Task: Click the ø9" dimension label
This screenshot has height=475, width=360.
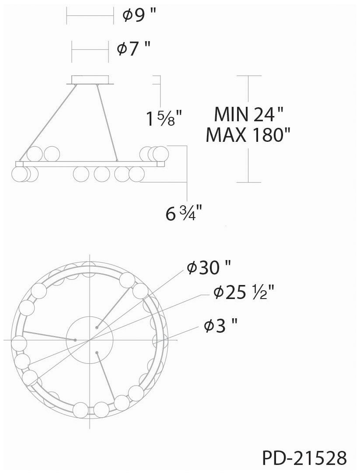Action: pyautogui.click(x=140, y=15)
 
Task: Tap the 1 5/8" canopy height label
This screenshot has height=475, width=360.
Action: pyautogui.click(x=164, y=118)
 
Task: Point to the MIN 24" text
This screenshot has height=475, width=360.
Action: pyautogui.click(x=248, y=114)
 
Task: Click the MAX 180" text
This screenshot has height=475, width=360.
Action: pyautogui.click(x=248, y=135)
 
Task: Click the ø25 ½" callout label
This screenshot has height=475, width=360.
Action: pyautogui.click(x=244, y=292)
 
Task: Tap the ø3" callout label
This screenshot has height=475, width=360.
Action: pyautogui.click(x=220, y=326)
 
